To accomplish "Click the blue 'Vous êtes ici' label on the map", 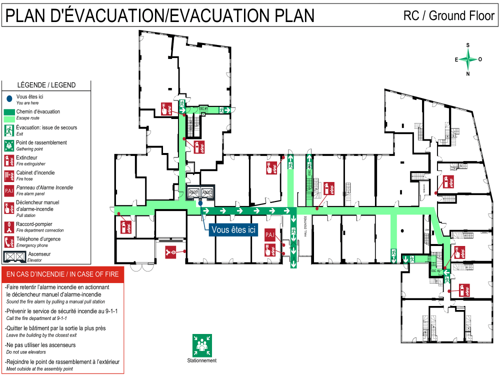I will pos(233,229).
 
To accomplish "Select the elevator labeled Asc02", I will pos(207,192).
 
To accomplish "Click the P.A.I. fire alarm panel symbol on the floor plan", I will pos(269,235).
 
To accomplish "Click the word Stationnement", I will pos(202,360).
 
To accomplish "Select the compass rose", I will pos(468,59).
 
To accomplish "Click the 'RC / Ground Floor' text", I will pos(448,16).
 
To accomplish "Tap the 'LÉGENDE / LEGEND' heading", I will pos(46,85).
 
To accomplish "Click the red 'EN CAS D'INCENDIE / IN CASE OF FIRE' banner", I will pos(62,274).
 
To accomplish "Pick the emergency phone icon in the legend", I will pos(9,242).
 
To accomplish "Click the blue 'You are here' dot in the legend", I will pos(9,98).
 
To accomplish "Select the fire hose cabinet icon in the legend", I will pos(9,175).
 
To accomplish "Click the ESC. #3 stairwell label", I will pos(436,270).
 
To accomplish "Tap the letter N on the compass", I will pos(468,74).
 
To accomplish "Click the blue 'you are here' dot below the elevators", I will pos(200,203).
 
